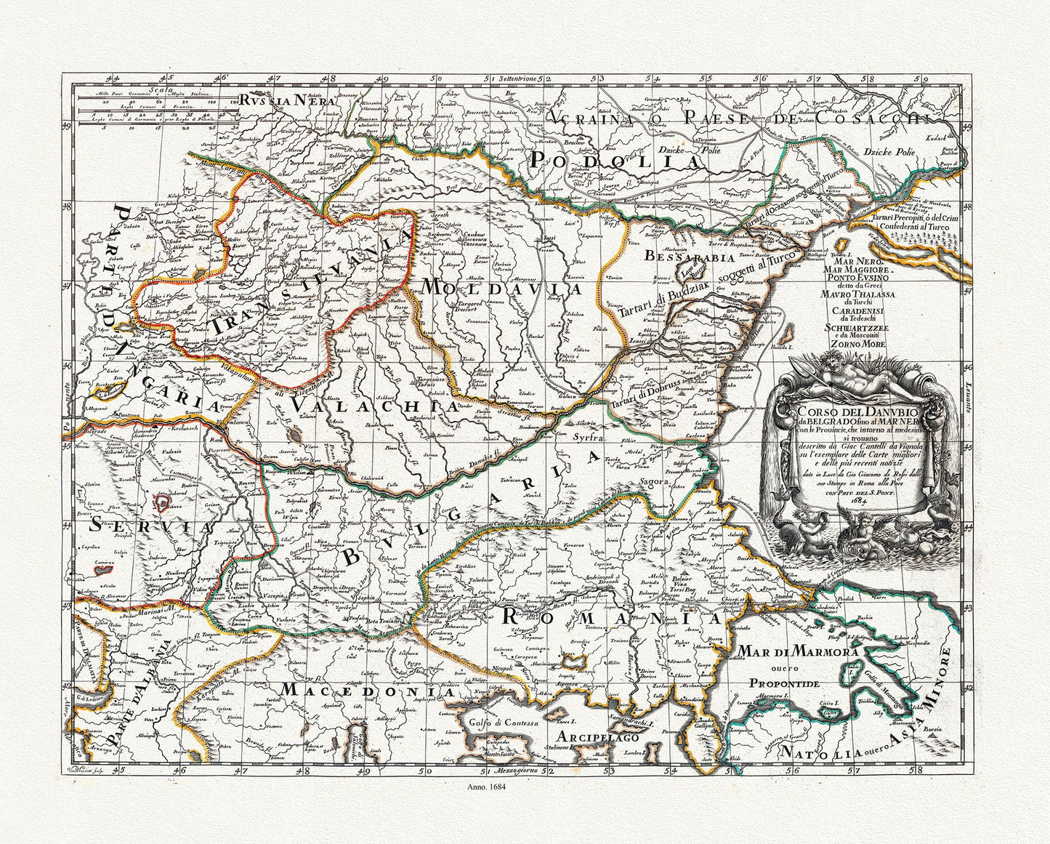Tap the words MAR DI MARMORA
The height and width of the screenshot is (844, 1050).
click(x=798, y=650)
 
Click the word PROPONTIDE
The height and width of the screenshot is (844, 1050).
click(x=786, y=684)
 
